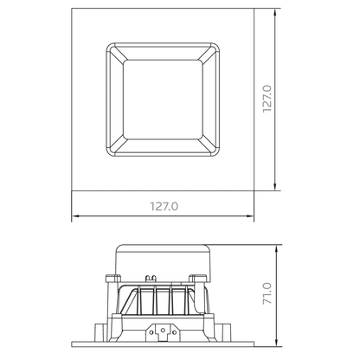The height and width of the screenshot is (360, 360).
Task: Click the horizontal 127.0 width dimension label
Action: click(x=164, y=207)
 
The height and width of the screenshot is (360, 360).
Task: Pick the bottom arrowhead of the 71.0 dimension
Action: click(x=275, y=344)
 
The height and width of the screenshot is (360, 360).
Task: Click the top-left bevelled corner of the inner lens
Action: click(x=115, y=51)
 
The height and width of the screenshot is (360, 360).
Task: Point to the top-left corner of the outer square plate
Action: click(x=71, y=12)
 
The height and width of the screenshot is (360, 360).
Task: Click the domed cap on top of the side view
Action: click(x=163, y=256)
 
